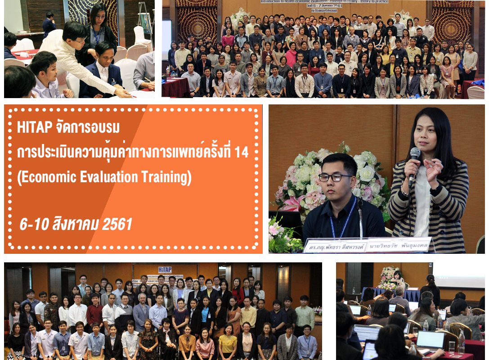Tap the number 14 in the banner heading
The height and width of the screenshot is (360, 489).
click(241, 153)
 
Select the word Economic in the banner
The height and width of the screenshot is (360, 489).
click(44, 178)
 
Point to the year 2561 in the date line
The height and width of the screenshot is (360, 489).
click(117, 224)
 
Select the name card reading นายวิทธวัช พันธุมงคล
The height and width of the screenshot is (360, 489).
click(398, 244)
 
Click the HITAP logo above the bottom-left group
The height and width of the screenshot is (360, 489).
click(165, 270)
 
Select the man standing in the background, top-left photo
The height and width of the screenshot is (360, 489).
click(49, 25)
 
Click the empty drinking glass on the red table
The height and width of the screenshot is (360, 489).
click(452, 346)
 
